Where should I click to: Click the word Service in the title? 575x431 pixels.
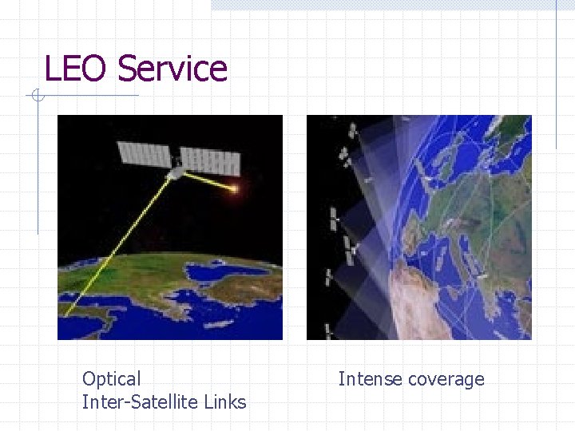pyautogui.click(x=172, y=69)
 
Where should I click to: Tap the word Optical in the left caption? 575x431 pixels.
pyautogui.click(x=111, y=379)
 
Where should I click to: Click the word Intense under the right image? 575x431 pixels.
pyautogui.click(x=370, y=379)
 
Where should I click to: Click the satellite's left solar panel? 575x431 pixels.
pyautogui.click(x=144, y=155)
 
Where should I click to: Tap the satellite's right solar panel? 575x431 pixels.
pyautogui.click(x=210, y=162)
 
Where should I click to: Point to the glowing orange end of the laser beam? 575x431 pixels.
pyautogui.click(x=235, y=189)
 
